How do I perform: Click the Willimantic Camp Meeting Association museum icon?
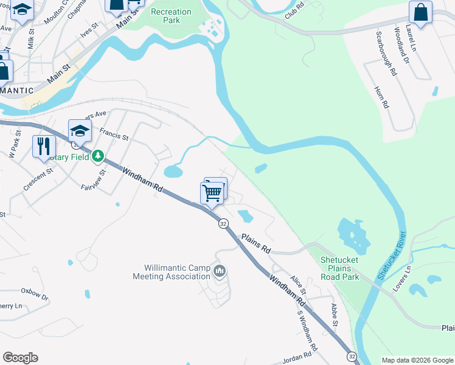(220, 270)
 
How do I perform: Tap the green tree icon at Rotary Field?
(98, 156)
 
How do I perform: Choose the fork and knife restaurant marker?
(44, 146)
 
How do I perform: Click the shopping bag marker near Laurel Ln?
(420, 13)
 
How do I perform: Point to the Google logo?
(20, 358)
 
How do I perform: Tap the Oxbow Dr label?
(34, 293)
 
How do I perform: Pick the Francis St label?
(114, 134)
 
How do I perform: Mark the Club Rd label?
(294, 10)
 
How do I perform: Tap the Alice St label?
(298, 284)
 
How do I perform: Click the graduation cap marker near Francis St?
(80, 130)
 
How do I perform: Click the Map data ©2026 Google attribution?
(418, 360)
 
